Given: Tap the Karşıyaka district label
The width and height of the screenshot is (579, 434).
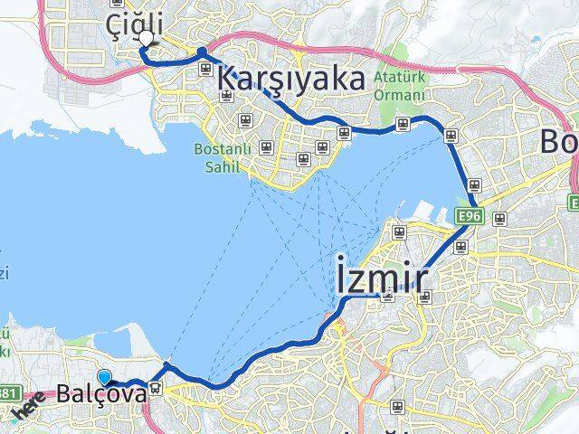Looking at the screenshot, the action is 291,80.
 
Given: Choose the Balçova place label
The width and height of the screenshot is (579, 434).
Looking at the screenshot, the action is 100,395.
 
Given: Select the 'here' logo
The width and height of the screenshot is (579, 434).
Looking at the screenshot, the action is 30,409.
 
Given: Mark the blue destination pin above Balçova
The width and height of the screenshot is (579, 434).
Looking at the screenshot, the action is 105,378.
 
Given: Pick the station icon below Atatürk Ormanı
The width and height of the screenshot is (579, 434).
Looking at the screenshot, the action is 403,125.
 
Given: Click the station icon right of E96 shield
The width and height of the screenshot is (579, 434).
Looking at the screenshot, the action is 500,217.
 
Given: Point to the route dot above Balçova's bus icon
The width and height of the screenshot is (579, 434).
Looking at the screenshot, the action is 166,366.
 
